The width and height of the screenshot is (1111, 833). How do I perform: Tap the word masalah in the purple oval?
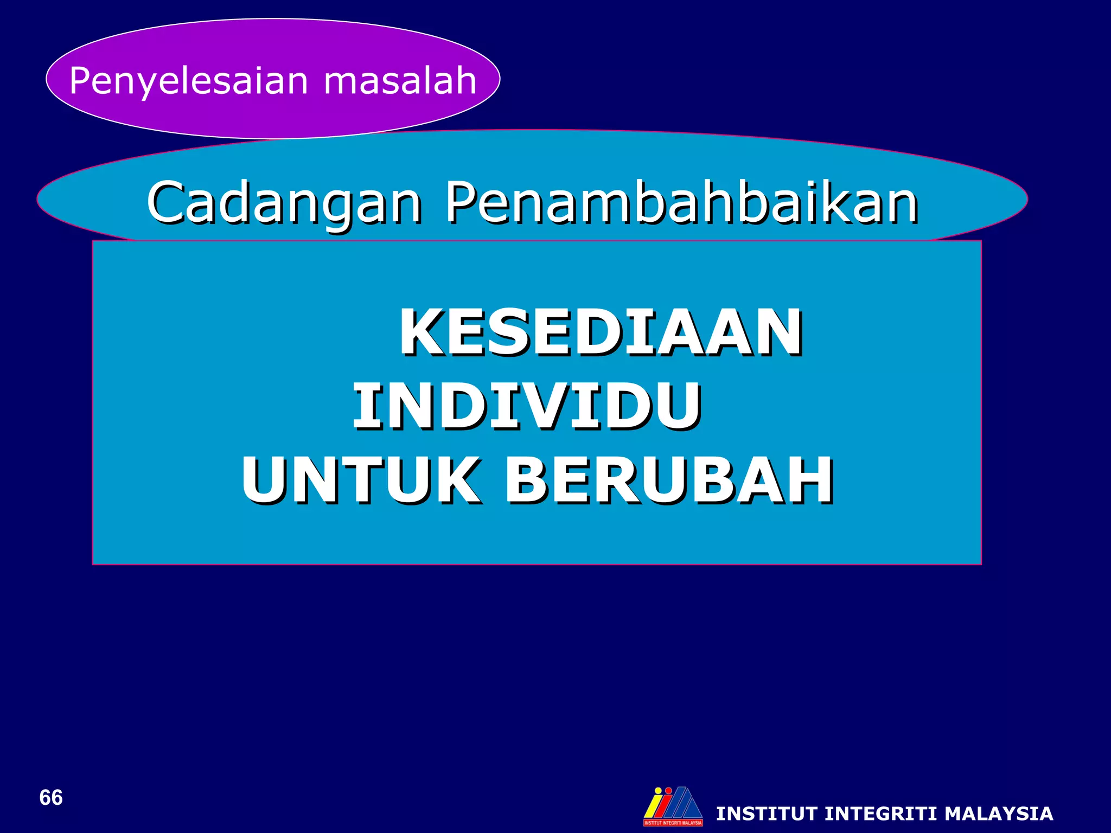coord(400,80)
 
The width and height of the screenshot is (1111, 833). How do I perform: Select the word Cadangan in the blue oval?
coord(284,202)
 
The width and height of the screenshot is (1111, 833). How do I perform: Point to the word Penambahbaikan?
coord(681,202)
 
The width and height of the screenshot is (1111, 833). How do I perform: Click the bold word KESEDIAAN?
coord(601,332)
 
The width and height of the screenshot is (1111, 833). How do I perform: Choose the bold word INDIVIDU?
coord(527,406)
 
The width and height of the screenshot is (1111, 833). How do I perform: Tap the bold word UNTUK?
coord(361,480)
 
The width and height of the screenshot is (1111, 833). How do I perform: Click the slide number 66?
coord(51,798)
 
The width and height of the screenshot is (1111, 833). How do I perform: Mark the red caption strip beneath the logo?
coord(673,823)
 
